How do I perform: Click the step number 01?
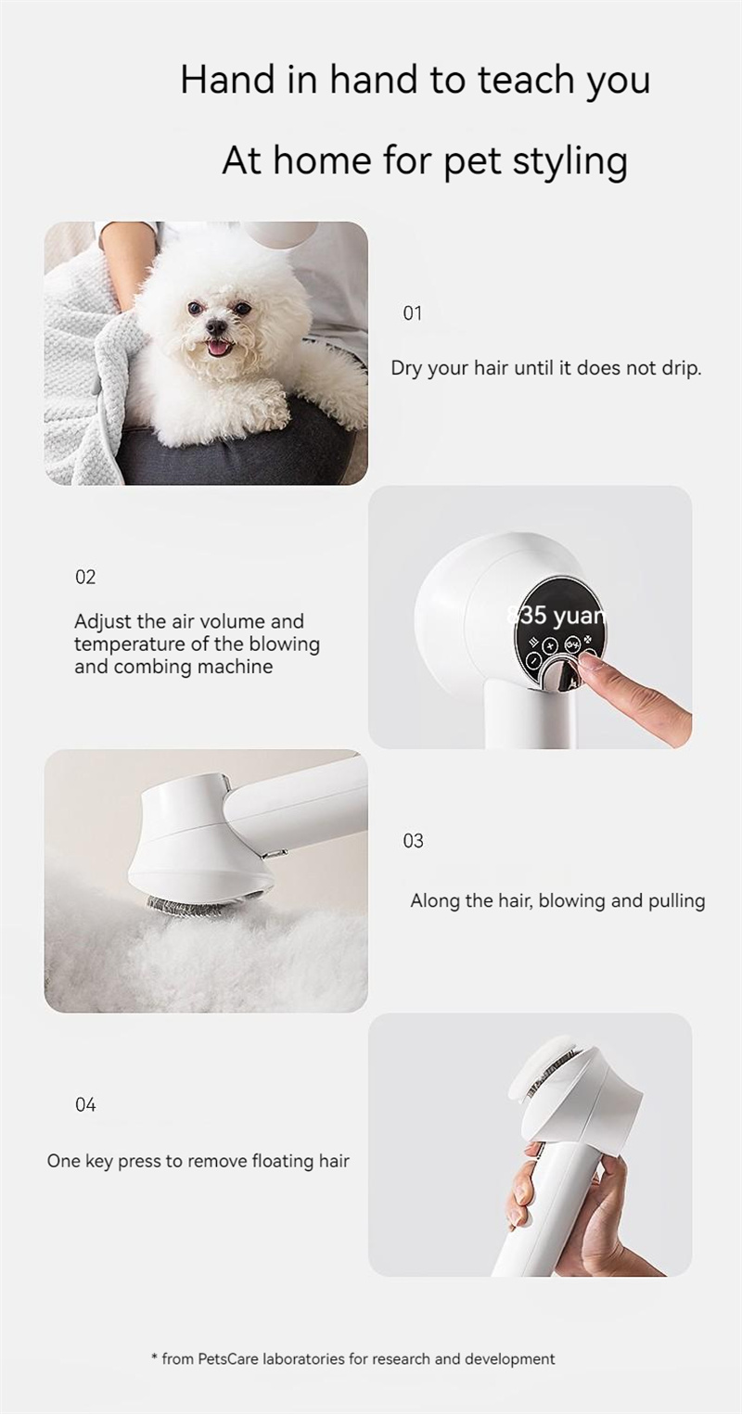(412, 313)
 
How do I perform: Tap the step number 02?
(85, 577)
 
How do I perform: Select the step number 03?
(413, 841)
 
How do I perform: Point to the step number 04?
(85, 1104)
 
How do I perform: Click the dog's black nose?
(216, 326)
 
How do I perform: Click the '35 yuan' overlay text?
(556, 616)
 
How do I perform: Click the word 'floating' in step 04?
(283, 1161)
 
